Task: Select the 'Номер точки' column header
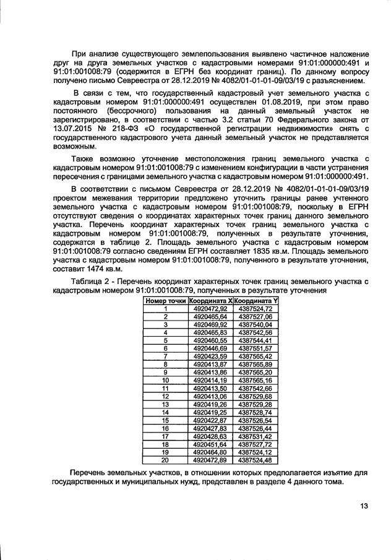[x=165, y=300]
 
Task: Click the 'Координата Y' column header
[x=256, y=300]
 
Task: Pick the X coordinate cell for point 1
[x=210, y=308]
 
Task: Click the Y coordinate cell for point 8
[x=256, y=364]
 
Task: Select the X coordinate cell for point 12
[x=210, y=397]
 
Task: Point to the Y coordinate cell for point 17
[x=256, y=437]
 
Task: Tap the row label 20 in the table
[x=165, y=460]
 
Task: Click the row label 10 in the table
[x=165, y=381]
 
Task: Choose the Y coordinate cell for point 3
[x=256, y=324]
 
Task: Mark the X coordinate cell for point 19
[x=210, y=452]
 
